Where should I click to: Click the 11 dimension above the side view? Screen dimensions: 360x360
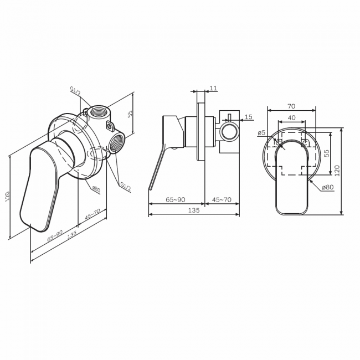[213, 88]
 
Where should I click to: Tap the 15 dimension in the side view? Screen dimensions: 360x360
[249, 117]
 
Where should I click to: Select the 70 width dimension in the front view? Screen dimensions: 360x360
[291, 106]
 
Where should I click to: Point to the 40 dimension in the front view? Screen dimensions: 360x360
[291, 118]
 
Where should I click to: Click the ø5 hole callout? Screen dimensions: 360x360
[261, 132]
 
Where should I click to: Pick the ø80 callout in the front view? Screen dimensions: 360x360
[328, 187]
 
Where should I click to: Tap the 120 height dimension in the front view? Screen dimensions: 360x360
[337, 171]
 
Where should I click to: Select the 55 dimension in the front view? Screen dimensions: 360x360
[327, 153]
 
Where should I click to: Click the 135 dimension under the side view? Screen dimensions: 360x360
[194, 210]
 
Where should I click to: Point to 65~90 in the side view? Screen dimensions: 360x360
[176, 199]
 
